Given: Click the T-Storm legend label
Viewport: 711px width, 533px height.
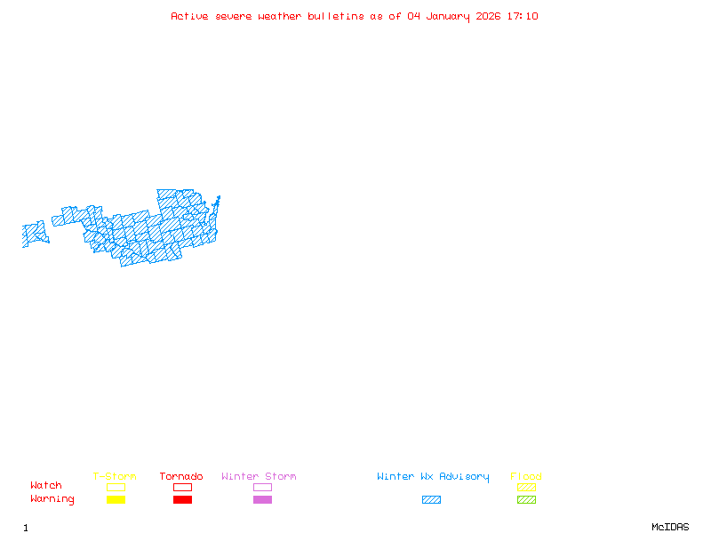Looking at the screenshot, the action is (x=115, y=477).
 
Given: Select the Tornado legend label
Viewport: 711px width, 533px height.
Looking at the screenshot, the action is (x=181, y=477).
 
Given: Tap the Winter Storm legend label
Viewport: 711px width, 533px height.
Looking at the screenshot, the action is (x=259, y=477).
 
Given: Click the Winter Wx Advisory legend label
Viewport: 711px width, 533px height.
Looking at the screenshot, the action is (x=433, y=477).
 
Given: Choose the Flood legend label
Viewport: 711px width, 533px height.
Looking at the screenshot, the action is (x=526, y=477).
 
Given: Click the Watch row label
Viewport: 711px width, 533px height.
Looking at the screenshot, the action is (x=46, y=486).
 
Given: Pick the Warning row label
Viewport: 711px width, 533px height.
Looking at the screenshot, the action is (x=52, y=499).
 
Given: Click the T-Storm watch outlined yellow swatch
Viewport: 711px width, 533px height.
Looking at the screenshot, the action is (x=116, y=487).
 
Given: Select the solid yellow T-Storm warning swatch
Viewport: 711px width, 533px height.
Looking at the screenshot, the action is (x=116, y=499).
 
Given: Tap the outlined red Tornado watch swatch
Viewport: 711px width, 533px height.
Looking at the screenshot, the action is (x=182, y=487).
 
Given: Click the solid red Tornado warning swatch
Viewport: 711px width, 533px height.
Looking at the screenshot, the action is (x=182, y=499).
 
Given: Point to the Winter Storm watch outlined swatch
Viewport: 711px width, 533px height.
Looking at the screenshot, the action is (x=262, y=487).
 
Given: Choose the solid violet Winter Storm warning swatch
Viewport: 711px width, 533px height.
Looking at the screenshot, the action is (x=262, y=499).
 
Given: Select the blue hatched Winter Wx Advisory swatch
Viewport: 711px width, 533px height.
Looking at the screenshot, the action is (x=431, y=499).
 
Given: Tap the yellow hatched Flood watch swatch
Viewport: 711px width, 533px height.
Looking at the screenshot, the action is (x=526, y=487).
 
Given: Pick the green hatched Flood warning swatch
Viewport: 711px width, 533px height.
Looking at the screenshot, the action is (x=526, y=499).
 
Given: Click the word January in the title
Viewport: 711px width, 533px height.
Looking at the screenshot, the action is (x=451, y=16).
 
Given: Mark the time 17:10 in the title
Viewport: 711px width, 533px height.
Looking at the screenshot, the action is (x=523, y=16).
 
